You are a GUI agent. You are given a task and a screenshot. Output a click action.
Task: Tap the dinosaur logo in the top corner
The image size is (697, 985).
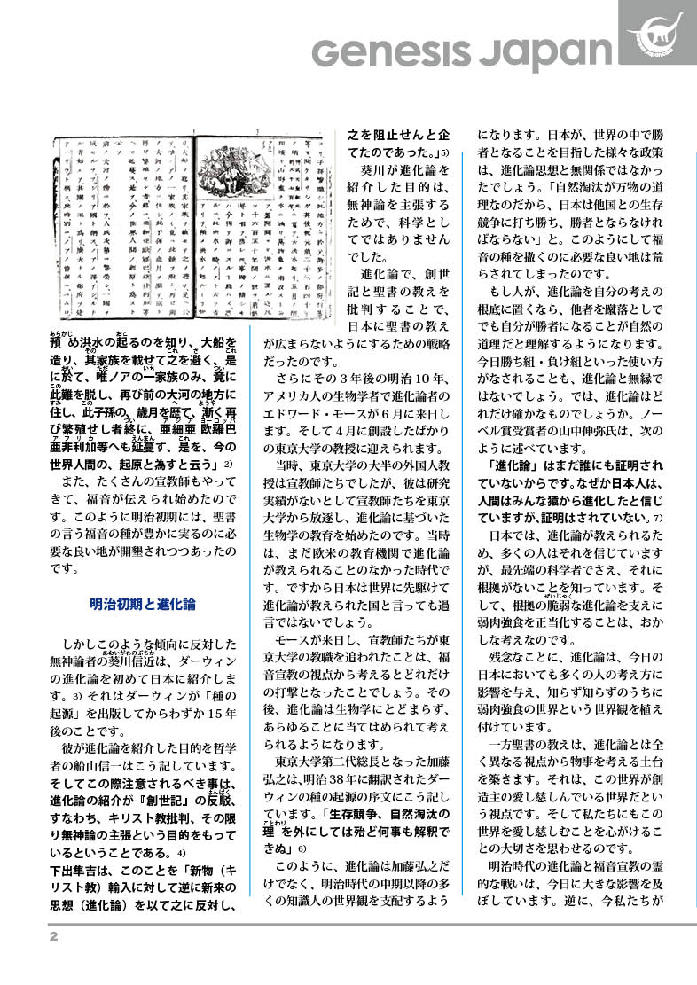tap(657, 33)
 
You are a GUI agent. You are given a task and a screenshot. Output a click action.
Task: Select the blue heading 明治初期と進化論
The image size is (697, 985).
tap(143, 605)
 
